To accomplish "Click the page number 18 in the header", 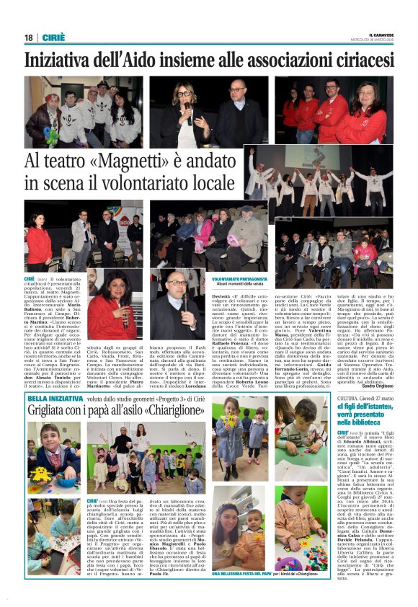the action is tap(28, 38).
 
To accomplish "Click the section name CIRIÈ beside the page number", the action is tap(53, 38).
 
